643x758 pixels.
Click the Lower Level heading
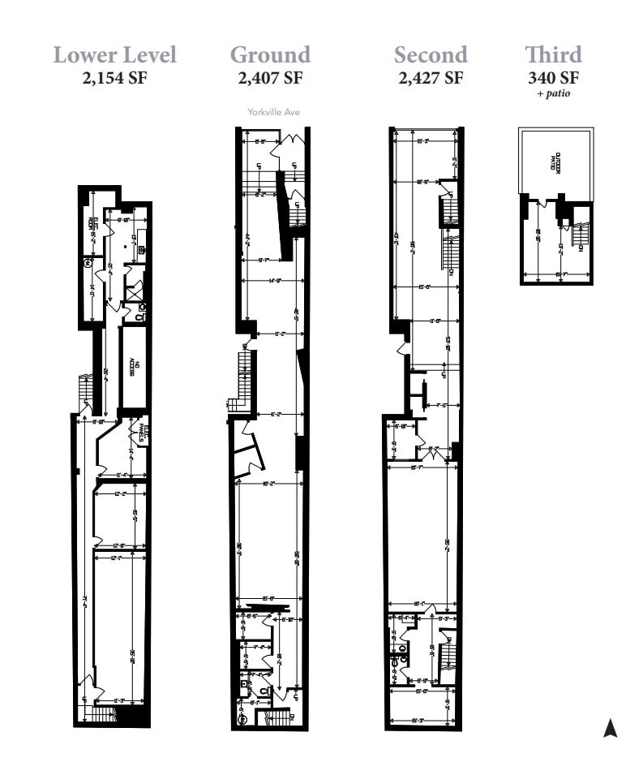point(114,55)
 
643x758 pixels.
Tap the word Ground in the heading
point(270,55)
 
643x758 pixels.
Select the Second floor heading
point(431,55)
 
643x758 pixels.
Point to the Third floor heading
point(553,55)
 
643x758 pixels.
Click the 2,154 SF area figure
point(114,79)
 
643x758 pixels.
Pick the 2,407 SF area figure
point(270,79)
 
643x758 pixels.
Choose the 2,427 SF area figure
point(431,79)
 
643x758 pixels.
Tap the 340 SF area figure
point(553,79)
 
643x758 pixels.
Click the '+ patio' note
point(553,94)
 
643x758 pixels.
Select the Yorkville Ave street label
point(273,112)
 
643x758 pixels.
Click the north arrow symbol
point(611,728)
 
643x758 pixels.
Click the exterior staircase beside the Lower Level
point(83,392)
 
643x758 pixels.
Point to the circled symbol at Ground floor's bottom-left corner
point(241,717)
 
